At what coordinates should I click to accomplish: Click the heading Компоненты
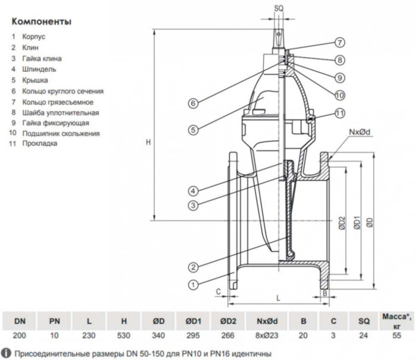tap(41, 22)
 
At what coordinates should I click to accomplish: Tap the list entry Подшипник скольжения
tap(62, 134)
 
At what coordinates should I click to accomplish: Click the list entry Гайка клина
tap(43, 59)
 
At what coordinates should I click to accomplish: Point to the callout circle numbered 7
tap(339, 43)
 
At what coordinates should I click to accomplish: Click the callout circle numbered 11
tap(339, 113)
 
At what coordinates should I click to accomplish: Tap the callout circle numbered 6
tap(194, 103)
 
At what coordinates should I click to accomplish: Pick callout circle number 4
tap(194, 191)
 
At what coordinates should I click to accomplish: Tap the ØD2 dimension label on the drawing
tap(342, 223)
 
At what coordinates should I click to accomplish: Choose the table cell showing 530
tap(124, 336)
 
